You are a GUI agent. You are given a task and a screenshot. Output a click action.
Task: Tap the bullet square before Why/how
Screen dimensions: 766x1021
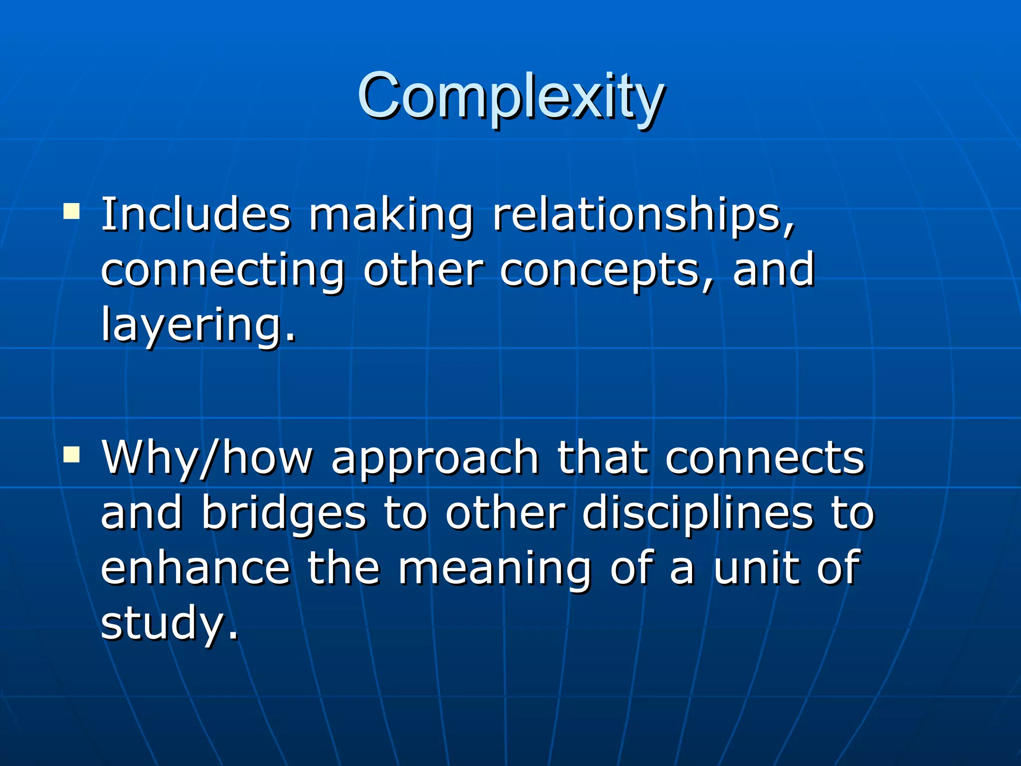point(72,454)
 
